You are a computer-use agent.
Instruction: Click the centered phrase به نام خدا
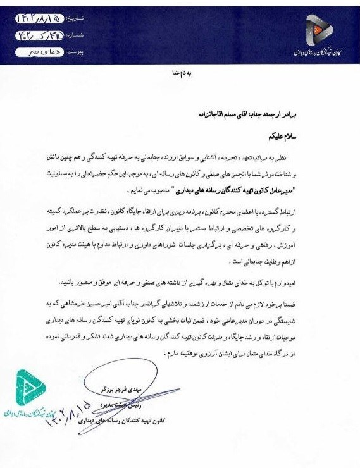click(x=180, y=73)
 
